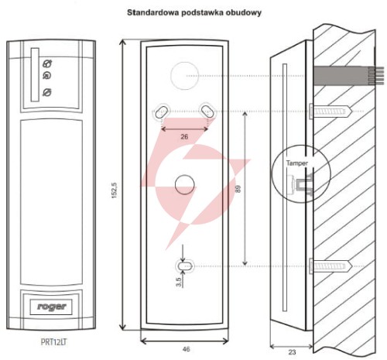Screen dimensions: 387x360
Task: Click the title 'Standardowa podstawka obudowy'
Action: point(194,12)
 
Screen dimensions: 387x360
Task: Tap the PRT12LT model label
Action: point(53,342)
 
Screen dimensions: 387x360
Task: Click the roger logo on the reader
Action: point(52,307)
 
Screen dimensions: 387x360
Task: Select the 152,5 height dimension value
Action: point(115,190)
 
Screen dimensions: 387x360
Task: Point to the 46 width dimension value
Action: point(186,349)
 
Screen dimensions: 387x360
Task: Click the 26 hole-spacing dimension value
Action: point(184,136)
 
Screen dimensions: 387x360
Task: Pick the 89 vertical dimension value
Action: point(238,189)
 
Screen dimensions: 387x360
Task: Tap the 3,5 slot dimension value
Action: point(179,282)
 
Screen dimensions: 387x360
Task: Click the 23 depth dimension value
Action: point(292,352)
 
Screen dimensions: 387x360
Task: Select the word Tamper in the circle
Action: point(297,163)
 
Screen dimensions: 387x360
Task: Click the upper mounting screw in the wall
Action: point(330,111)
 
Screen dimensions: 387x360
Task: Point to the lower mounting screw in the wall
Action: point(330,266)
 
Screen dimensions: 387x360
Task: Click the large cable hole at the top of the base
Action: point(185,76)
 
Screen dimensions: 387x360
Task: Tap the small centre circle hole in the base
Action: point(185,184)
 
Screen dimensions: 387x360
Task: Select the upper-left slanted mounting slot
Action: point(162,111)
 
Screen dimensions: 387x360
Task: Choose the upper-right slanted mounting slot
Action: point(207,111)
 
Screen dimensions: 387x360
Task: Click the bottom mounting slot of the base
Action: point(185,266)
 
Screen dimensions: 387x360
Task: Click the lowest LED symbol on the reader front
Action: point(47,92)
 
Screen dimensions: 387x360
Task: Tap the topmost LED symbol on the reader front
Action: point(47,63)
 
